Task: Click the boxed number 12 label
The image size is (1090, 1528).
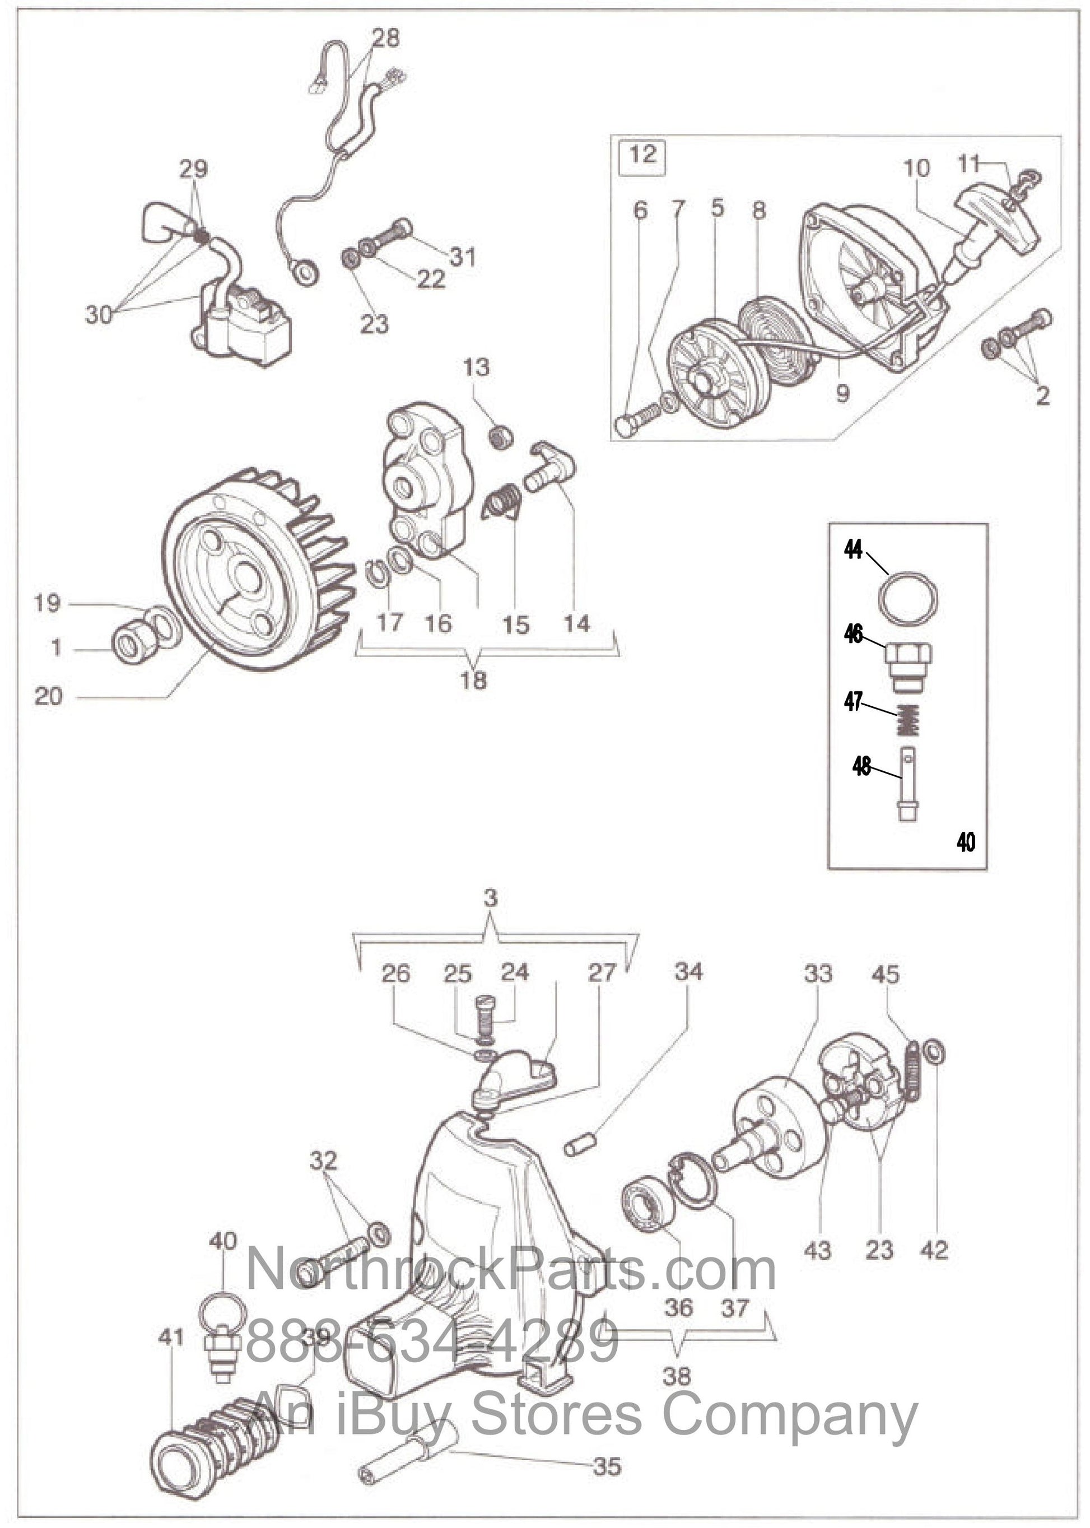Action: coord(642,155)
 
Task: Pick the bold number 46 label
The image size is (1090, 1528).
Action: coord(853,633)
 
